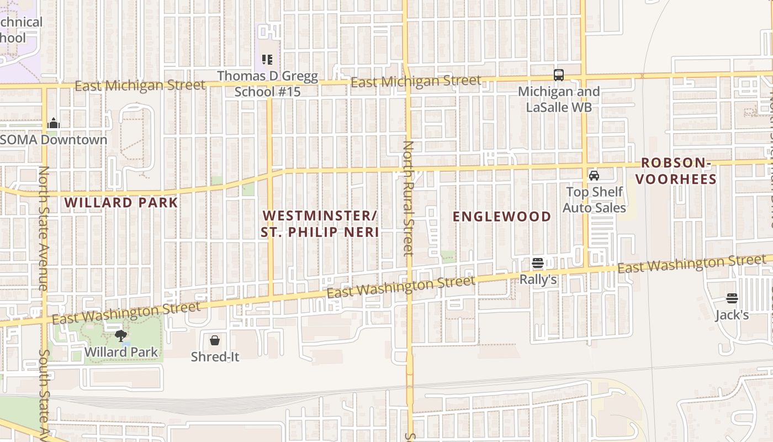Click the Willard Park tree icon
[120, 335]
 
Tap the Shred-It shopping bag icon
[215, 340]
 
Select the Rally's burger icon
[538, 264]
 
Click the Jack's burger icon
[732, 299]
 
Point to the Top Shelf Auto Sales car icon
[594, 176]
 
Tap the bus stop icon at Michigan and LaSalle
[559, 75]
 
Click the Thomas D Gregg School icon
[267, 60]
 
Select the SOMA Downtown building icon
[54, 123]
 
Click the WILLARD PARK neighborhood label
[121, 203]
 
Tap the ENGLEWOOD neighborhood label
[502, 217]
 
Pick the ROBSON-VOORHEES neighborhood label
[679, 171]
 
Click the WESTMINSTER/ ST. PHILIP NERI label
[320, 224]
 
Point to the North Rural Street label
[408, 199]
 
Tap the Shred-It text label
[215, 357]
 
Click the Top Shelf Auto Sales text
[594, 200]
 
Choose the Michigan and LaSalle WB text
[558, 99]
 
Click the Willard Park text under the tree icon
[121, 352]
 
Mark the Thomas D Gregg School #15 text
[268, 84]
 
